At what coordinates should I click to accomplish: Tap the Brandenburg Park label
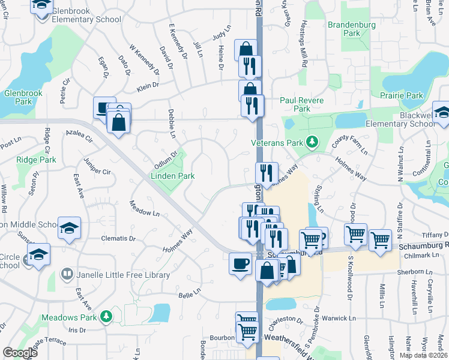[x=351, y=29]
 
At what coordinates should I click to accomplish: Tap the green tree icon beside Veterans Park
[x=312, y=142]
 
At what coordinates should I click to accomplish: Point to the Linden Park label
[x=172, y=176]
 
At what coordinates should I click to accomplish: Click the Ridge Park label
[x=36, y=160]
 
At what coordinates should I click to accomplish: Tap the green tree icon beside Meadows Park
[x=106, y=316]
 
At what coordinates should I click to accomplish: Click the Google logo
[x=20, y=353]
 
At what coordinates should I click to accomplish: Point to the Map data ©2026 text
[x=424, y=355]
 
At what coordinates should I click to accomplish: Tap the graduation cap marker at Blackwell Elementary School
[x=441, y=113]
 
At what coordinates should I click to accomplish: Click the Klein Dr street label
[x=147, y=86]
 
